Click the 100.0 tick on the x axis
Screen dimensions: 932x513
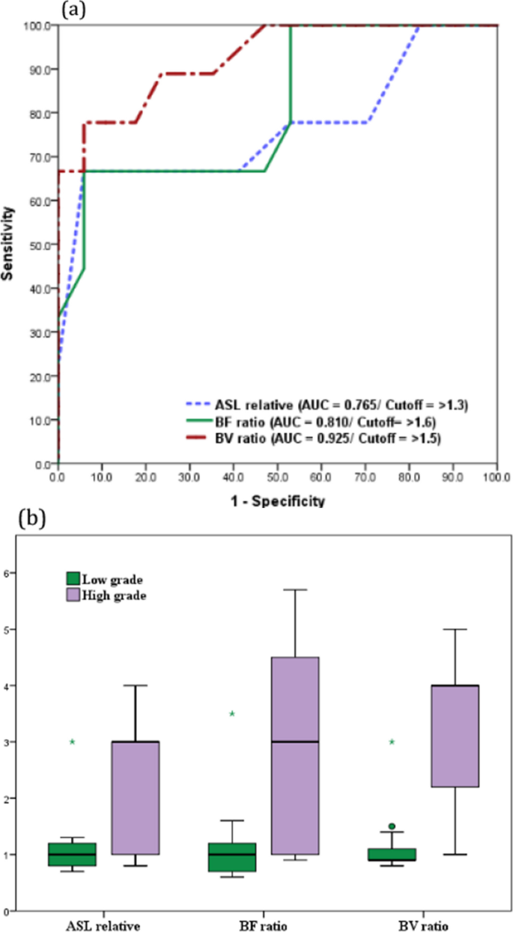click(496, 475)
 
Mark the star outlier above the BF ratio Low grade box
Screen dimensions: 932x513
click(232, 714)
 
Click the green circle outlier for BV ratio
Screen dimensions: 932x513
click(392, 827)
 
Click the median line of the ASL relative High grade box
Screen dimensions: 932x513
click(136, 742)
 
